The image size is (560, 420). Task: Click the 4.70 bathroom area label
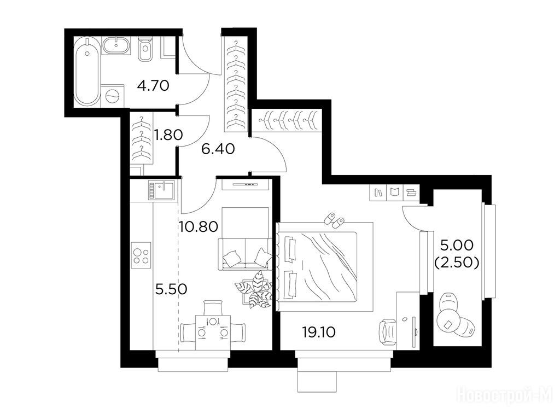[153, 86]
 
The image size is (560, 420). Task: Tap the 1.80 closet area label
[168, 135]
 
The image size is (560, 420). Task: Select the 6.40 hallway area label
[218, 149]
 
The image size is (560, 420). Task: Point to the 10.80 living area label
[199, 226]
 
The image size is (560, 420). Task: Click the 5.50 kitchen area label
[171, 289]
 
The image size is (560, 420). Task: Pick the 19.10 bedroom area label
[319, 332]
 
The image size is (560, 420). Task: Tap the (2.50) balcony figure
[457, 262]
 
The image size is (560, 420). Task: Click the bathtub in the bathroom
[87, 71]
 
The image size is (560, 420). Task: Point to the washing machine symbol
[113, 95]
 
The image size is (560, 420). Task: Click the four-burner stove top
[141, 255]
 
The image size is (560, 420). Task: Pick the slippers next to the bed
[334, 219]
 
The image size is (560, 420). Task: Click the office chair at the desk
[388, 332]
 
